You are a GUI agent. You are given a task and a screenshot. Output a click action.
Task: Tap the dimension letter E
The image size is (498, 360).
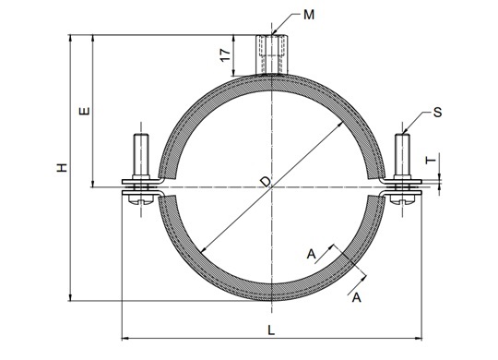click(x=84, y=111)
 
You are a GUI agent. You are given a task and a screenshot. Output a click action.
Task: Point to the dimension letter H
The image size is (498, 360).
click(x=61, y=168)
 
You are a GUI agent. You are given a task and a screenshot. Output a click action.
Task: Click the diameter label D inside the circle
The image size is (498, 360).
click(x=266, y=183)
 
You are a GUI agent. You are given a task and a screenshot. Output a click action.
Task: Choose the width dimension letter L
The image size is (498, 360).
click(x=269, y=329)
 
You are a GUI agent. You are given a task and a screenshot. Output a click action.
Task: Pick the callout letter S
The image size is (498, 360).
click(x=436, y=112)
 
